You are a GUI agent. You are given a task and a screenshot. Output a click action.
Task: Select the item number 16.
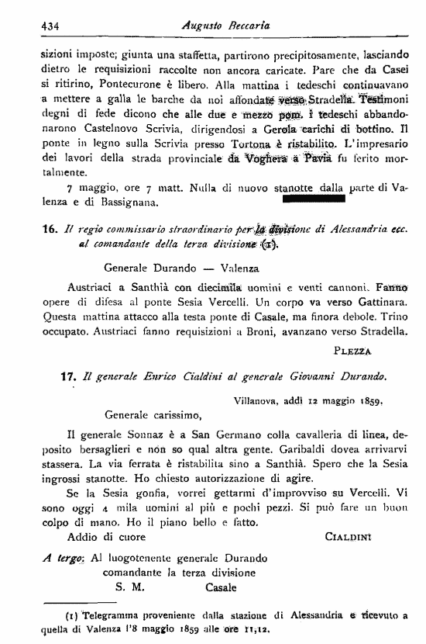click(x=50, y=230)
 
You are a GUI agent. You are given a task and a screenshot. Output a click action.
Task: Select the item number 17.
click(x=66, y=376)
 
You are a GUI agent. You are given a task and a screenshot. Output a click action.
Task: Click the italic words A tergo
click(x=61, y=557)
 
